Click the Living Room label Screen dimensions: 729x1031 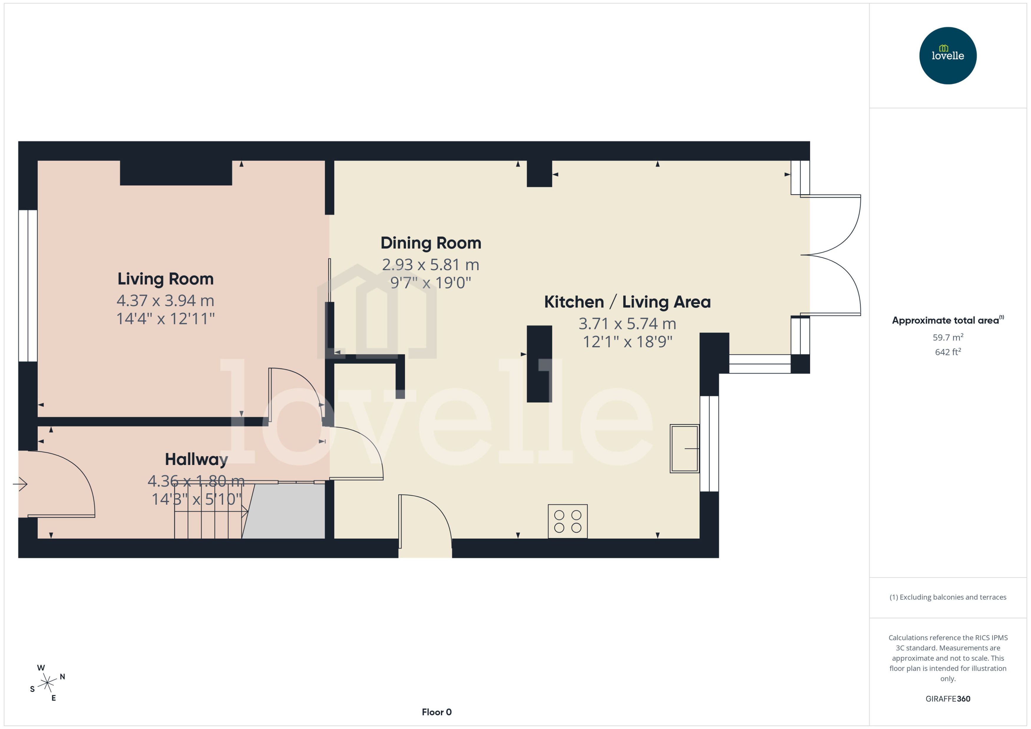pos(165,279)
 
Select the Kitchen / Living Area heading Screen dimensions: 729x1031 pos(627,302)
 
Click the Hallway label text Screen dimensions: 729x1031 pos(196,459)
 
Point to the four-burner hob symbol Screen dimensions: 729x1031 pos(567,521)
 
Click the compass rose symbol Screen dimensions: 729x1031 pos(47,683)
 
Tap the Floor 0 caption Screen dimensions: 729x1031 pos(436,712)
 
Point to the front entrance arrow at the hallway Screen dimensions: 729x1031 pos(20,484)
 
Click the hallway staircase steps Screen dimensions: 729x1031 pos(208,516)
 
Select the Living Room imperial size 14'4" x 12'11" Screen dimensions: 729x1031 pos(165,319)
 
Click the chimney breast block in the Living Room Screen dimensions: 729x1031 pos(176,173)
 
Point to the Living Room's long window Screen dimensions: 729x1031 pos(28,285)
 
